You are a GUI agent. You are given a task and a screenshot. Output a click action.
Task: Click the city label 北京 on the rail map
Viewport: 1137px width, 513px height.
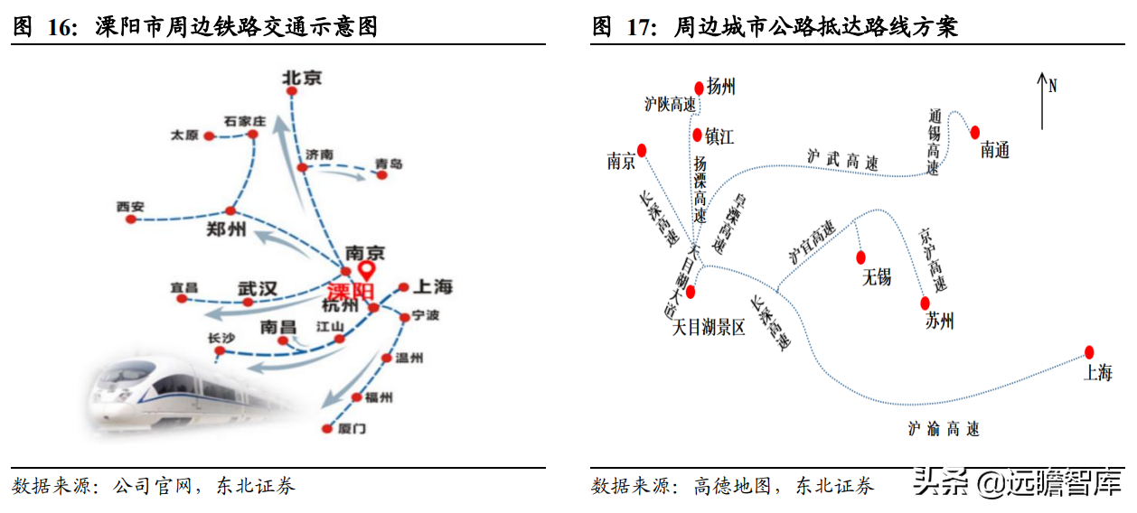(302, 79)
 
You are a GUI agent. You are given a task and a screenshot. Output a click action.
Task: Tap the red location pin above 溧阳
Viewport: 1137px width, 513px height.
(366, 271)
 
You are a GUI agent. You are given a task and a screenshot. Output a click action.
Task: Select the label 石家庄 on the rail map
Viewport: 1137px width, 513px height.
(245, 121)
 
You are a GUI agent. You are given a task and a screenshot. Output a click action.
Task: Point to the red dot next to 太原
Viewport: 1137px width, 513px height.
(209, 136)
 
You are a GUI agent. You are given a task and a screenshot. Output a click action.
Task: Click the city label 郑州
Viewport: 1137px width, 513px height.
(226, 229)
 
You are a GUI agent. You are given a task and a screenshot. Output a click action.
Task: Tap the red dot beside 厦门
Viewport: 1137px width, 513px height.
(325, 429)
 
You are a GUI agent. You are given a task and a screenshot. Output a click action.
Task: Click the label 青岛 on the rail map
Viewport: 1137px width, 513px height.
(390, 163)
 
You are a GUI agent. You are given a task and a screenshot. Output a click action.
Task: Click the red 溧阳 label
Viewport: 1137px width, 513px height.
(350, 293)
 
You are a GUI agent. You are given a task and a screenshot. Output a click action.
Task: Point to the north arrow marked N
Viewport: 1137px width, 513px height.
(1044, 99)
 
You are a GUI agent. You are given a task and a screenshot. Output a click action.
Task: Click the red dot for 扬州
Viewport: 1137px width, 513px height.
(699, 88)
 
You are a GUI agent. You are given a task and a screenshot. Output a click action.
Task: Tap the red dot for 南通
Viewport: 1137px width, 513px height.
(975, 132)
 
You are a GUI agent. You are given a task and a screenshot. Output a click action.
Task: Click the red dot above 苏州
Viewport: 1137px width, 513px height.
(925, 303)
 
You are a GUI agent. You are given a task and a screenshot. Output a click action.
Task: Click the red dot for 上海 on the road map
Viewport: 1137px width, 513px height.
(1089, 351)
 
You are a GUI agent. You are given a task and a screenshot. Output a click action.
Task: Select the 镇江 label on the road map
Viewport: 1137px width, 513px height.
(719, 136)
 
